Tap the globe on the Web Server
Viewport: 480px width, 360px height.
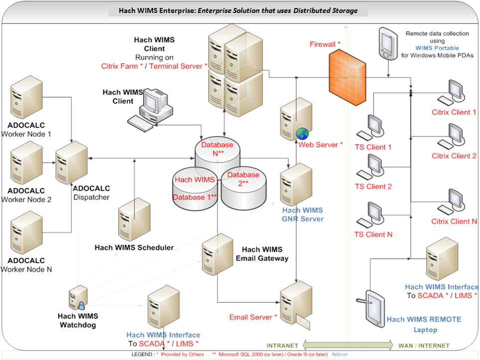pyautogui.click(x=302, y=134)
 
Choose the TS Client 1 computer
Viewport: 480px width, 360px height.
pyautogui.click(x=373, y=128)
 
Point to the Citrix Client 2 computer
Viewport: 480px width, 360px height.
pyautogui.click(x=454, y=137)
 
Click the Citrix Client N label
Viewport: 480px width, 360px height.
pyautogui.click(x=454, y=221)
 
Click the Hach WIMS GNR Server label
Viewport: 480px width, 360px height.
pyautogui.click(x=302, y=214)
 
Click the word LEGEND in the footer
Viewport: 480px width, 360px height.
pyautogui.click(x=143, y=355)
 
